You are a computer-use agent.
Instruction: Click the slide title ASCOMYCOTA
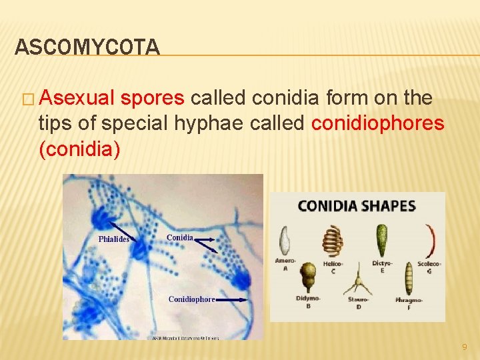point(87,47)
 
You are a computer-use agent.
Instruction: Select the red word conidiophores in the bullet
point(377,123)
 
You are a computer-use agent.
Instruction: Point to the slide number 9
point(465,347)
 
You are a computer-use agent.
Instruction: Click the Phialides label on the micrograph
point(114,239)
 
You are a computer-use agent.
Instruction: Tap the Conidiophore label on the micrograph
point(191,299)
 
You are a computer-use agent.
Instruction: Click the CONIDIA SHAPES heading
point(357,206)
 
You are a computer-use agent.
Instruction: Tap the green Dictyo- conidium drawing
point(382,241)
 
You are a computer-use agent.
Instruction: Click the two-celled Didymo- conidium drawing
point(308,277)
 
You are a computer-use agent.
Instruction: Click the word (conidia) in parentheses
point(80,149)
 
